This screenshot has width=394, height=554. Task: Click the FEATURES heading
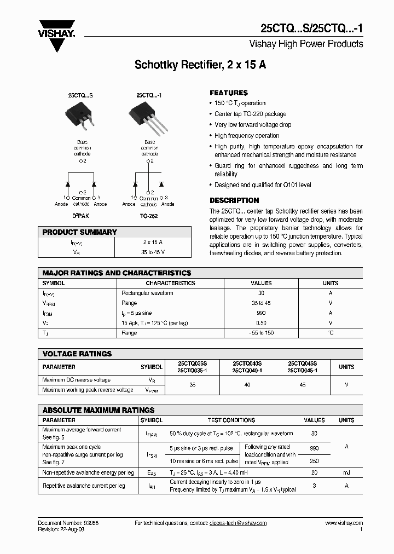coord(229,93)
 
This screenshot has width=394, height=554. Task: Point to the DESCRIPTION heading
coord(234,200)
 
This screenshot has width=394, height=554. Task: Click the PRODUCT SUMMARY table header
coord(80,232)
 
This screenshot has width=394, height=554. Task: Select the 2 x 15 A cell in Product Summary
coord(153,242)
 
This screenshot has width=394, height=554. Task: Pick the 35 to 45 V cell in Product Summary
coord(153,252)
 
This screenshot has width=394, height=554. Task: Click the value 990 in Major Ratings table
coord(261,313)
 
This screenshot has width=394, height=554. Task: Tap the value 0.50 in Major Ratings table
coord(261,323)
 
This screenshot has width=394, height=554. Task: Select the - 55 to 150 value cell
coord(261,333)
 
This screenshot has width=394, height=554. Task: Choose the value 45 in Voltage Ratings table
coord(302,385)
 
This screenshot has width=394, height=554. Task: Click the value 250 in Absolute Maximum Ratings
coord(314,461)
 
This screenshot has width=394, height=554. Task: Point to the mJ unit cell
coord(346,472)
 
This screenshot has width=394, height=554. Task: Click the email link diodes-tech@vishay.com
coord(237,523)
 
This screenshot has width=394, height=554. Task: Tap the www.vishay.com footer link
coord(344,523)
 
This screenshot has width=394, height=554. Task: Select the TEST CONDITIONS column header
coord(231,420)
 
